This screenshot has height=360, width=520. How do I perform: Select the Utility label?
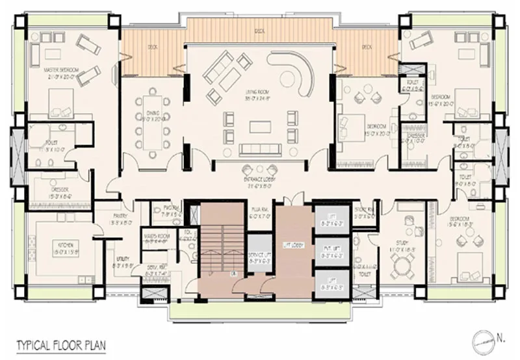[121, 262]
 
